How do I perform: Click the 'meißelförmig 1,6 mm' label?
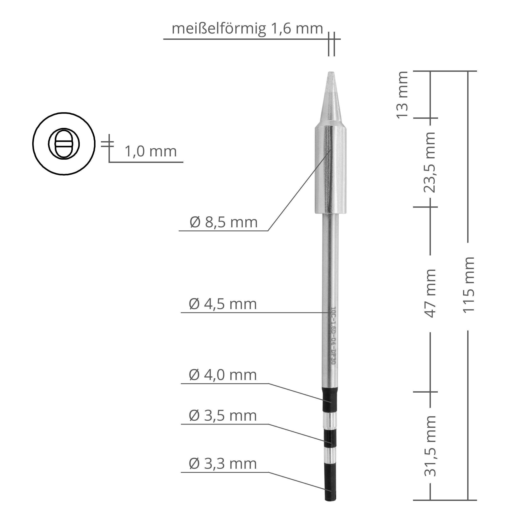click(247, 29)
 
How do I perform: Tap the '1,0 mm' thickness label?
click(151, 151)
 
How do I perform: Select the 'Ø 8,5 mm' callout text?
click(223, 222)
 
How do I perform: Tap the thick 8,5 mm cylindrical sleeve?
click(330, 170)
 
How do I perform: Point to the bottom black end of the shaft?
click(330, 485)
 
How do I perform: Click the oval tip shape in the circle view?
click(64, 144)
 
